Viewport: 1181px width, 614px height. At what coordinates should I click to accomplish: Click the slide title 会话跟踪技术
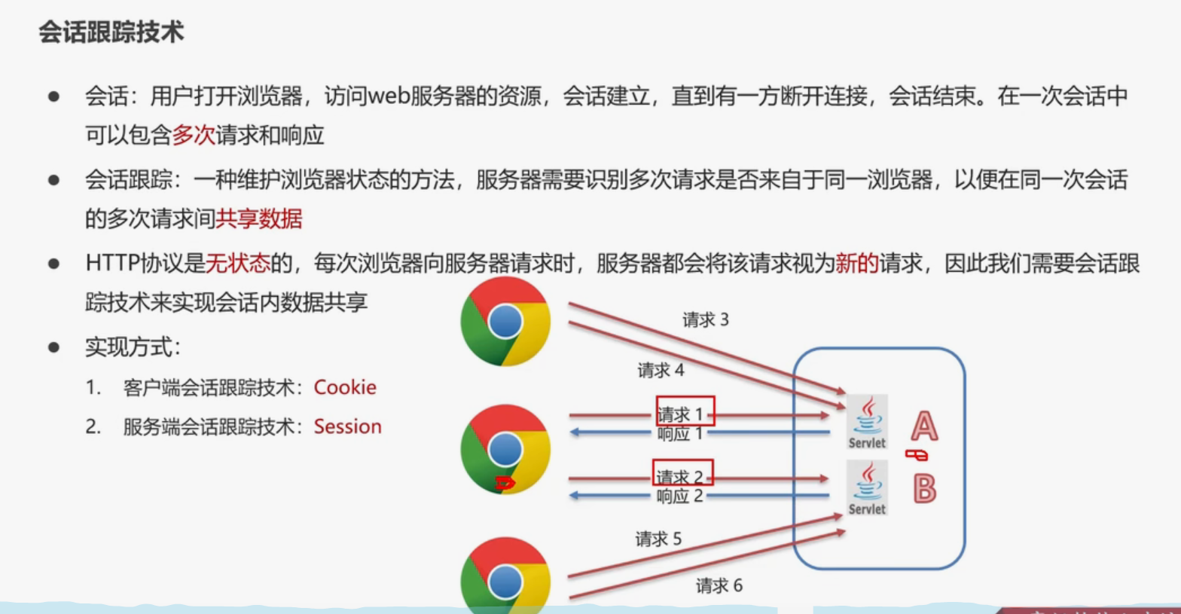(111, 32)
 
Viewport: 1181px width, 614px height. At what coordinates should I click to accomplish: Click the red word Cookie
(345, 387)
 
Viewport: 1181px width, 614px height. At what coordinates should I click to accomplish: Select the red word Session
(347, 426)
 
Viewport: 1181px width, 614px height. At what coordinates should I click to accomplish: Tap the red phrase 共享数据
(259, 218)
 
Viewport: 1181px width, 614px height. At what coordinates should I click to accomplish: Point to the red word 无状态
(237, 263)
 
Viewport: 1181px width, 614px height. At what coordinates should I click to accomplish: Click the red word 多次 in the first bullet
(194, 135)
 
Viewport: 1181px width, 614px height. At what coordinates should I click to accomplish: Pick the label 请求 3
(705, 320)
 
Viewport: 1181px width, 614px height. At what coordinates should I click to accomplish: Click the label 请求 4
(661, 371)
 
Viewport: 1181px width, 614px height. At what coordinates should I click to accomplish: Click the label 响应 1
(679, 434)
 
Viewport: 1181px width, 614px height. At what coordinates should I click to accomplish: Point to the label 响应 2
(679, 496)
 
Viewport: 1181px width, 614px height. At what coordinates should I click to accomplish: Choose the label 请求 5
(658, 539)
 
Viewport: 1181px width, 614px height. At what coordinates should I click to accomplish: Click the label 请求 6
(719, 585)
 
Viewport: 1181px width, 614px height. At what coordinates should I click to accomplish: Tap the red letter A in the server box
(924, 426)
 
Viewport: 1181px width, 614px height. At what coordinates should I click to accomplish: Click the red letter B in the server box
(924, 489)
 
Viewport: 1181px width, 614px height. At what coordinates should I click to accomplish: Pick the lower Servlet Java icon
(868, 487)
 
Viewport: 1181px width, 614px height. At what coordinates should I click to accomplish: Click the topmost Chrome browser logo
(505, 322)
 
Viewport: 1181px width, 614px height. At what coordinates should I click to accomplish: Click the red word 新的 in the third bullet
(856, 263)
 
